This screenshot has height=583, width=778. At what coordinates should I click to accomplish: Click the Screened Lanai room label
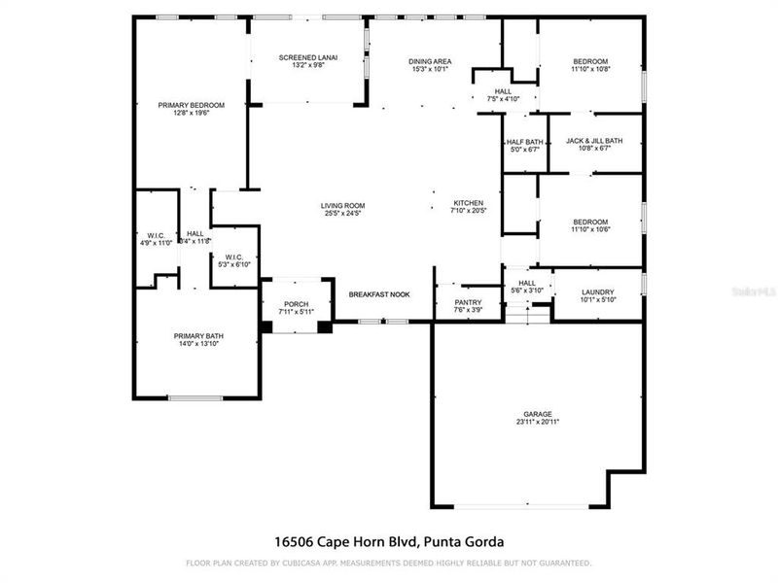[x=307, y=57]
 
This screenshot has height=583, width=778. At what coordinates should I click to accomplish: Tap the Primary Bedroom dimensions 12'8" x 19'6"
[x=192, y=114]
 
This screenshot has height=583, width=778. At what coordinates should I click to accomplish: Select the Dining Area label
[x=429, y=62]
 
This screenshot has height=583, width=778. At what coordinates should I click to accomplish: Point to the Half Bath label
[x=522, y=141]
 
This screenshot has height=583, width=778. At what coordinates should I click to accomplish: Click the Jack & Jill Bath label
[x=594, y=141]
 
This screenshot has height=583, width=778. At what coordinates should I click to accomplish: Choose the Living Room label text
[x=342, y=205]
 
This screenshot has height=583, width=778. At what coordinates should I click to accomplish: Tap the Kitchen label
[x=468, y=203]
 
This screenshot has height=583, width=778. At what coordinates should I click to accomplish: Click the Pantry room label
[x=468, y=302]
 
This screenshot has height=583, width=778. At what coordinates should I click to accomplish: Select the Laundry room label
[x=597, y=292]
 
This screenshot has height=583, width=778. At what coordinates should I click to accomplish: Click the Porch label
[x=296, y=304]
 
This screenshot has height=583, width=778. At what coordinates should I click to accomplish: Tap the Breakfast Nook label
[x=379, y=293]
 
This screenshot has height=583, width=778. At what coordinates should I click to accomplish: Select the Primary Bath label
[x=198, y=336]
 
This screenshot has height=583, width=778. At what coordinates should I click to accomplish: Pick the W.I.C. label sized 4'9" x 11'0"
[x=156, y=237]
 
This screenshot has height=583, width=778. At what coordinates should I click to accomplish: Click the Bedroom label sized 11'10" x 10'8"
[x=589, y=62]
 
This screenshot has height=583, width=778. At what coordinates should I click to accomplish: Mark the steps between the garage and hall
[x=526, y=310]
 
